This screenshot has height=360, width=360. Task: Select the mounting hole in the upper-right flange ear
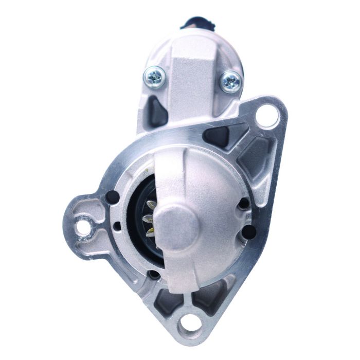pos(267,115)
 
